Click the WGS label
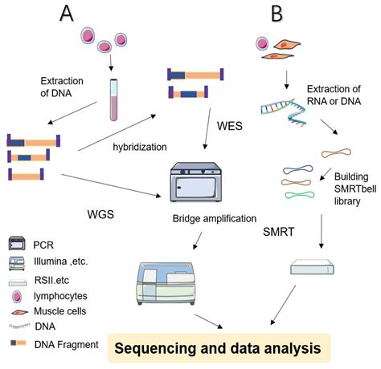point(104,214)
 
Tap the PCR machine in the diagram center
point(198,183)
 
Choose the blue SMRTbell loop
point(300,169)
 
